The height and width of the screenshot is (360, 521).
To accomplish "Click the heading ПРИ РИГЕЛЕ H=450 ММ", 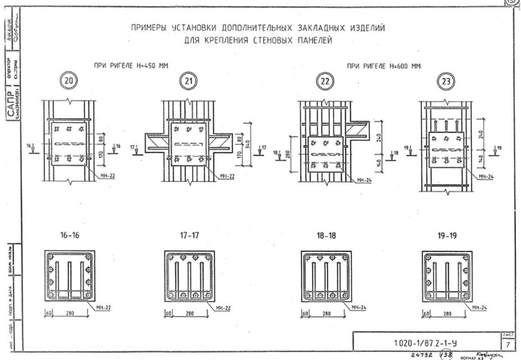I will click(131, 66).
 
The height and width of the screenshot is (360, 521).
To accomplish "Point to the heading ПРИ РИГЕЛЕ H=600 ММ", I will click(383, 66).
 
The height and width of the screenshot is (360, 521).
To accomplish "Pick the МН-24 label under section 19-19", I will click(481, 307).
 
